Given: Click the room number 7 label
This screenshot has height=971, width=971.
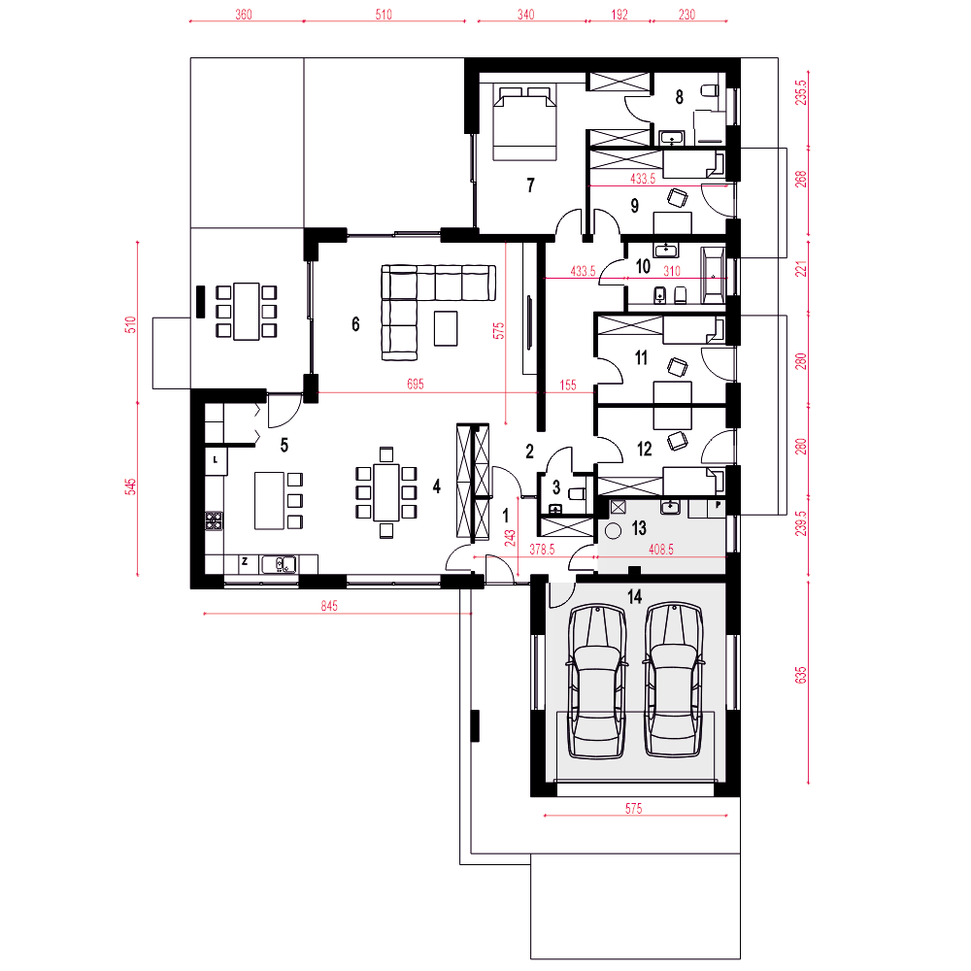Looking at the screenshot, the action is click(x=531, y=184).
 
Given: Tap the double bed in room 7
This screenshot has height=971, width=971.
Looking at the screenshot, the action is click(x=524, y=123).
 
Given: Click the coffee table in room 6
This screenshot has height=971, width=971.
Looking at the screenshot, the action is click(x=446, y=328).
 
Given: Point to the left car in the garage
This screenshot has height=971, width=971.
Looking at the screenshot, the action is click(x=596, y=682).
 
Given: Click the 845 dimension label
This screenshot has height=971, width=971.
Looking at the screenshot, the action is click(x=329, y=606).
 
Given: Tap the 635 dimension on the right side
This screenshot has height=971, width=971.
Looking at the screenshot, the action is click(x=801, y=675).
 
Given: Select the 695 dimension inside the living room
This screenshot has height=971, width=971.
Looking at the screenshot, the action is click(x=416, y=384).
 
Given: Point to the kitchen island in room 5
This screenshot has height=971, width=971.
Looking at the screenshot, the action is click(x=269, y=500).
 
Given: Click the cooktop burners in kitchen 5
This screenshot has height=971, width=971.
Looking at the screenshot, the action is click(x=214, y=520).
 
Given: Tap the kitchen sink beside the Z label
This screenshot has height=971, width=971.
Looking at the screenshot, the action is click(x=279, y=565).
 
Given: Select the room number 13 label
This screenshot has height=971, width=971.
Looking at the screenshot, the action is click(x=639, y=527).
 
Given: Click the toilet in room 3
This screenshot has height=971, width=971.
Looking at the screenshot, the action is click(x=576, y=493).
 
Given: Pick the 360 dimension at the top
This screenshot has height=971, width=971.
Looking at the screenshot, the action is click(x=244, y=15).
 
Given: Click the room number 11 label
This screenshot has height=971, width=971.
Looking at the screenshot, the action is click(x=641, y=357).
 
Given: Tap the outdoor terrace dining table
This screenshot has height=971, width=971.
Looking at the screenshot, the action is click(x=247, y=311).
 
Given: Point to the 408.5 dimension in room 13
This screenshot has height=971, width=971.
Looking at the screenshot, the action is click(x=660, y=550).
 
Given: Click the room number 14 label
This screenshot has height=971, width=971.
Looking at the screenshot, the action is click(x=635, y=596).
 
